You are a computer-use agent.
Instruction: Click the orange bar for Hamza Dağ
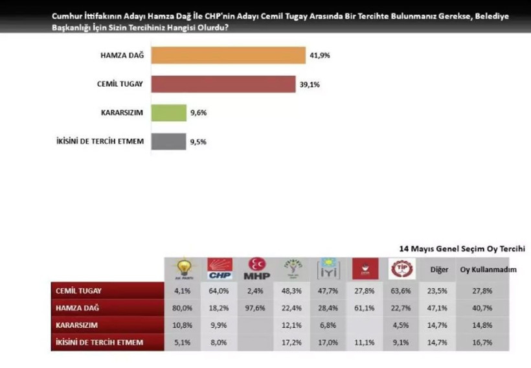point(228,55)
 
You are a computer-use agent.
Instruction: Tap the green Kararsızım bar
point(168,113)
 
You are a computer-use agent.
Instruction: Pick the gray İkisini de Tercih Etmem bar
point(168,141)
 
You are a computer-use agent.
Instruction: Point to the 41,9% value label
point(320,56)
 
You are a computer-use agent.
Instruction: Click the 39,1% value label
point(309,84)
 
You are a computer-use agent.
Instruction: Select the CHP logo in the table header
point(220,269)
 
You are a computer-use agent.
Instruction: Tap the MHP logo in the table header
point(257,269)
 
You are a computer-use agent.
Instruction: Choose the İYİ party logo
point(328,269)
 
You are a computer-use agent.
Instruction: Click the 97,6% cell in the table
point(256,308)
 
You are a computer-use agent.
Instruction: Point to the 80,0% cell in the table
point(184,308)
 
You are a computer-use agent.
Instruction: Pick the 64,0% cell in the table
point(220,292)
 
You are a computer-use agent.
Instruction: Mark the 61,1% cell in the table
point(365,308)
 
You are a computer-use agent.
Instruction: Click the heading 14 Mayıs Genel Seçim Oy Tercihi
point(462,248)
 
